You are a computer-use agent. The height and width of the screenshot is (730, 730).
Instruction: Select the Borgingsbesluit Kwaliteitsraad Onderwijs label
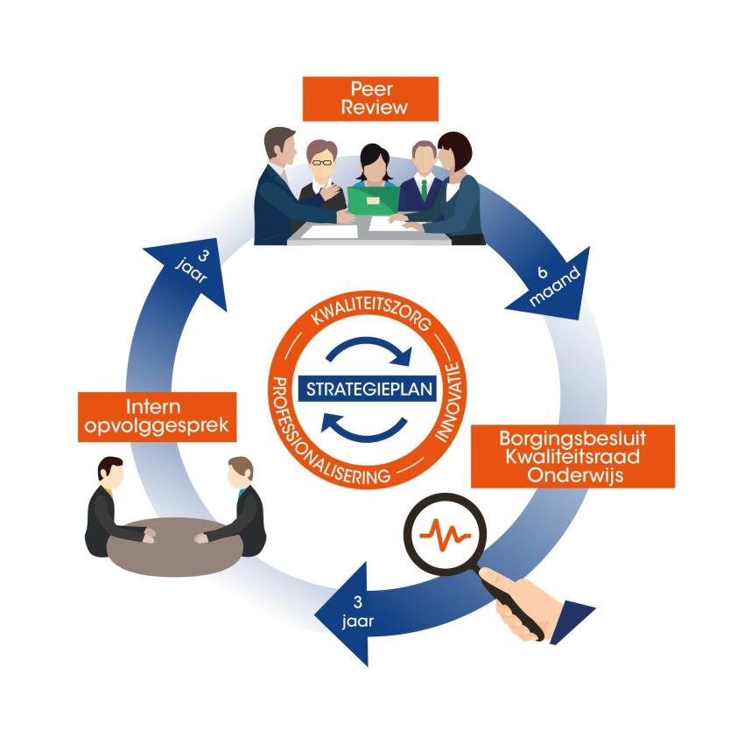(573, 455)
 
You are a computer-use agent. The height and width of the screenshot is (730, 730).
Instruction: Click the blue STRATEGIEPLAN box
(365, 387)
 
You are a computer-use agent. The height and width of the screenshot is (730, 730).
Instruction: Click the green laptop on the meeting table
(372, 200)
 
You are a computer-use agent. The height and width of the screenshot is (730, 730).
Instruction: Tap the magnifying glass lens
(445, 532)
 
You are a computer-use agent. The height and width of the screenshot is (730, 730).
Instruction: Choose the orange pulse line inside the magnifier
(445, 532)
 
